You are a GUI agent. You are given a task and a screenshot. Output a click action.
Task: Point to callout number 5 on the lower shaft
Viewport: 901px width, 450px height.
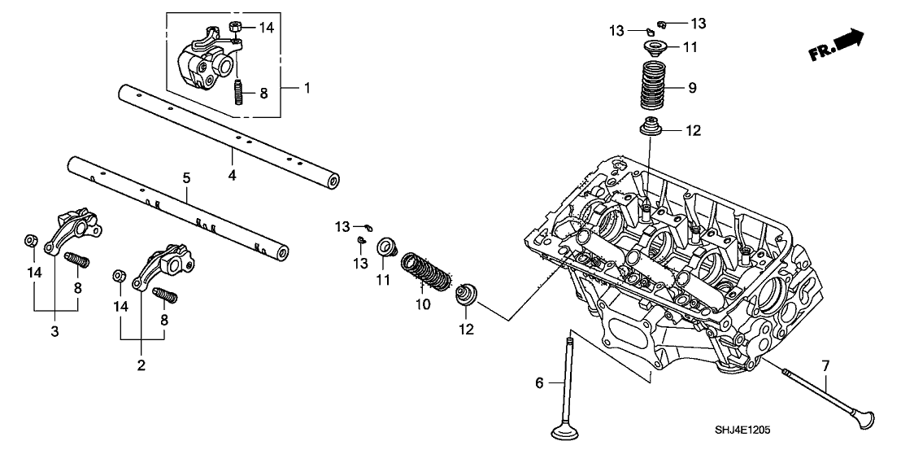(x=186, y=177)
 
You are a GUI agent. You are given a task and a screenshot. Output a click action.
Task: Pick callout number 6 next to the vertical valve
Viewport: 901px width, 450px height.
(x=538, y=382)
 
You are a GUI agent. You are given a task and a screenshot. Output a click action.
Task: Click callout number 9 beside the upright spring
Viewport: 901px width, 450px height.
(x=692, y=88)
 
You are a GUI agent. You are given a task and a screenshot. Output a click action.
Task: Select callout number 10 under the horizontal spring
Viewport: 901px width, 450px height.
(x=420, y=304)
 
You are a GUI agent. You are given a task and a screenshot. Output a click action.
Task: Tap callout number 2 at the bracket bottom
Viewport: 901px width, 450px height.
(x=141, y=365)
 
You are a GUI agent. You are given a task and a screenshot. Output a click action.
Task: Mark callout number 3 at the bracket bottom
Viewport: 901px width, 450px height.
(x=55, y=331)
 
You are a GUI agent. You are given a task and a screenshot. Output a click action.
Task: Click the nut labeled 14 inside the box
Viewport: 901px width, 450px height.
(x=233, y=28)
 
